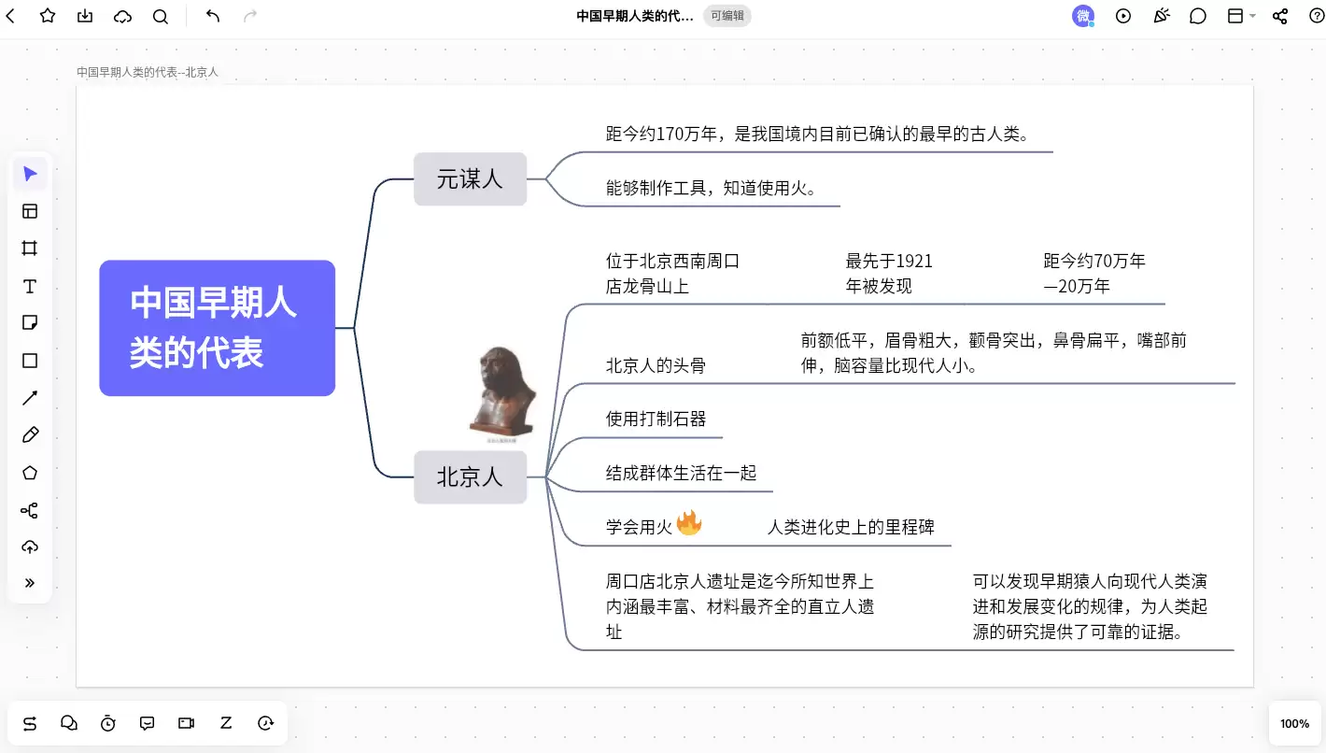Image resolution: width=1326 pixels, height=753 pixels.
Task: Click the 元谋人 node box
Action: pos(470,179)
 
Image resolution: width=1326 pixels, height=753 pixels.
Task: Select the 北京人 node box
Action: pos(470,476)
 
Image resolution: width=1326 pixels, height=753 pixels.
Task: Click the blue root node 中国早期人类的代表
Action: pos(218,328)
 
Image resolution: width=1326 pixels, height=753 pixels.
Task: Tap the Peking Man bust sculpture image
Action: pos(502,391)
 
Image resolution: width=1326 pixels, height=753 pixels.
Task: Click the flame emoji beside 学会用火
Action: pos(689,522)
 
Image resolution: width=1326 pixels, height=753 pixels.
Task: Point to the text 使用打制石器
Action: pos(656,419)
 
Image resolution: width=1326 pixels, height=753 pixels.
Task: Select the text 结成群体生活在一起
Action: pos(681,473)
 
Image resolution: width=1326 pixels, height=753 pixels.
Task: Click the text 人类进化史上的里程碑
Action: pos(851,527)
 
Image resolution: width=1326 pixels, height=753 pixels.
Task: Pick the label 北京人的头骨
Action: pos(656,365)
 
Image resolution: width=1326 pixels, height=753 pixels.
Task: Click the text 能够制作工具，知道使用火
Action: pos(711,188)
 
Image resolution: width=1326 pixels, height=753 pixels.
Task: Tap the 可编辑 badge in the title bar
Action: pos(726,16)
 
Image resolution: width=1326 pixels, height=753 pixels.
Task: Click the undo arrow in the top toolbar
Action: pos(213,16)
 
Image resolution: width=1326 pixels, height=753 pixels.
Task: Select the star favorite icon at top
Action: pos(48,16)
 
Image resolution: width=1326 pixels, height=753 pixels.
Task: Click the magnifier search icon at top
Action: pos(161,16)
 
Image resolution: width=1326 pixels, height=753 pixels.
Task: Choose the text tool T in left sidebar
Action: pos(30,287)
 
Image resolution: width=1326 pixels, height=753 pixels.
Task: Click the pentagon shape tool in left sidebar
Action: pos(30,473)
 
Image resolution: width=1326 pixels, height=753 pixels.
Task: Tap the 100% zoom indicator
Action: pos(1294,723)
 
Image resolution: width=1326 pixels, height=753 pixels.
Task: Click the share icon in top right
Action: pos(1280,16)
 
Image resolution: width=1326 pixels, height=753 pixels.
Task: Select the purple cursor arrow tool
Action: pos(30,174)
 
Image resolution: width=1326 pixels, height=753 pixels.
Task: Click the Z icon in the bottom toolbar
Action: pos(226,723)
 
